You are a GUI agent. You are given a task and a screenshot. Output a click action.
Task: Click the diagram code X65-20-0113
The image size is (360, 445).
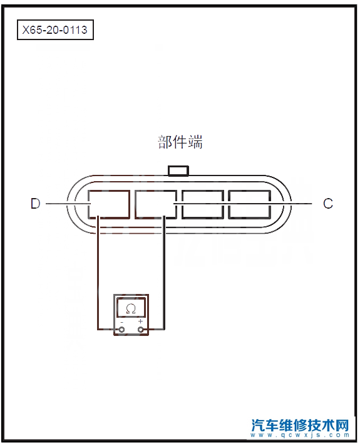(55, 30)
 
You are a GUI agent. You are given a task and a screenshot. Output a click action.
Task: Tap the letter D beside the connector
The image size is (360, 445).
(36, 204)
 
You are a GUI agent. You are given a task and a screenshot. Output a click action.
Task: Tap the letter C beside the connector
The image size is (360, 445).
(328, 204)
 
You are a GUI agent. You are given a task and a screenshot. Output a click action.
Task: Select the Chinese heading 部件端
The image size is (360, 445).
(180, 142)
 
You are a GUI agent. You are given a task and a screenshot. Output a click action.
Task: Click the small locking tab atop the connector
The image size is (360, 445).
(178, 171)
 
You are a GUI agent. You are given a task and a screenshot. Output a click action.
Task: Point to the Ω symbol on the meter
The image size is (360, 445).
(131, 308)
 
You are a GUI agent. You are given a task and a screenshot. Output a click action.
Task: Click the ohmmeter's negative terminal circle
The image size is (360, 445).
(122, 330)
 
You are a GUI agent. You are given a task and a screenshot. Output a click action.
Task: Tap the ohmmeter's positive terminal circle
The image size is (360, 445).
(140, 330)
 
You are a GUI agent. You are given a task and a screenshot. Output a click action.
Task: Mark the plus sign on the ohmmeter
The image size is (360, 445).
(140, 322)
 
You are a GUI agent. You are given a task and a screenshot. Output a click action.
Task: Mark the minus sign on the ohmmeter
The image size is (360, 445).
(122, 322)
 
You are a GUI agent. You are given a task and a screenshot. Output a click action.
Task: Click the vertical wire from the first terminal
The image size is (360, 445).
(98, 273)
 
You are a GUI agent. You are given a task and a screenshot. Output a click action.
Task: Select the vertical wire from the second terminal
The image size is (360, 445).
(164, 273)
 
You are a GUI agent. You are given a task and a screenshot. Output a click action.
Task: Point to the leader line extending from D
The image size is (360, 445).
(68, 204)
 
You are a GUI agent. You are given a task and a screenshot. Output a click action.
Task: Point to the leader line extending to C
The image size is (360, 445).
(243, 204)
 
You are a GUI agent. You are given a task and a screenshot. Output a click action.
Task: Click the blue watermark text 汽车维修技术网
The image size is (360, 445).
(300, 425)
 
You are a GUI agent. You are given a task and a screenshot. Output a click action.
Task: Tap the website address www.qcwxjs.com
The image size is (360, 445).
(300, 435)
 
